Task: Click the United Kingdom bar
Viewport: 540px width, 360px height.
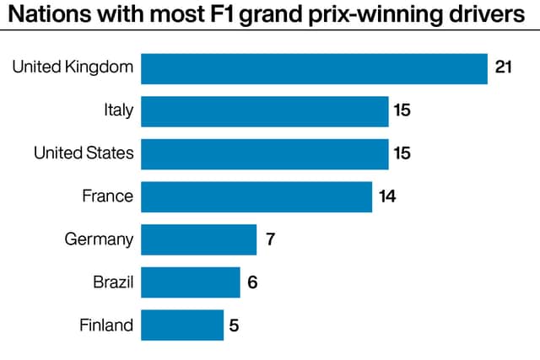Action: coord(314,69)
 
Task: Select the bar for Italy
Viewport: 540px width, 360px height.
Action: coord(265,111)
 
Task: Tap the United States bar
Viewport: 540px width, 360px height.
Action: coord(265,154)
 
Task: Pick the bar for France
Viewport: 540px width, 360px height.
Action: coord(256,197)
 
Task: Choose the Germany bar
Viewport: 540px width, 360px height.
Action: coord(199,239)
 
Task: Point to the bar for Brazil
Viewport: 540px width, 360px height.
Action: coord(191,282)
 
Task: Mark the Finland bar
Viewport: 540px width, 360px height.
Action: coord(182,325)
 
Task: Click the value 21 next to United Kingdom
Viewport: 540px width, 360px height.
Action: coord(503,67)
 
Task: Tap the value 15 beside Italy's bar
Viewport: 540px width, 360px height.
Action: coord(402,110)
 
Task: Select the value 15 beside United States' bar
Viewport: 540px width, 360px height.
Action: coord(402,153)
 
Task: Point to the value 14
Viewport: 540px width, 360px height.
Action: coord(387,196)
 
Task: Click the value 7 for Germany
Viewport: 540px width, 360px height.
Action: coord(270,239)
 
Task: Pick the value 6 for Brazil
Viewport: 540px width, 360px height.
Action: coord(252,282)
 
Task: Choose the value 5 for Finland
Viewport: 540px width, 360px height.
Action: coord(235,325)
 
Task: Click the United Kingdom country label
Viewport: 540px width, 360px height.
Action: coord(73,67)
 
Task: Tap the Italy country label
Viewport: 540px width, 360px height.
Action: coord(119,110)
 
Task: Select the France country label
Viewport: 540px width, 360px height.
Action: coord(108,196)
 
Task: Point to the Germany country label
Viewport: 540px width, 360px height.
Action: coord(99,239)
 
